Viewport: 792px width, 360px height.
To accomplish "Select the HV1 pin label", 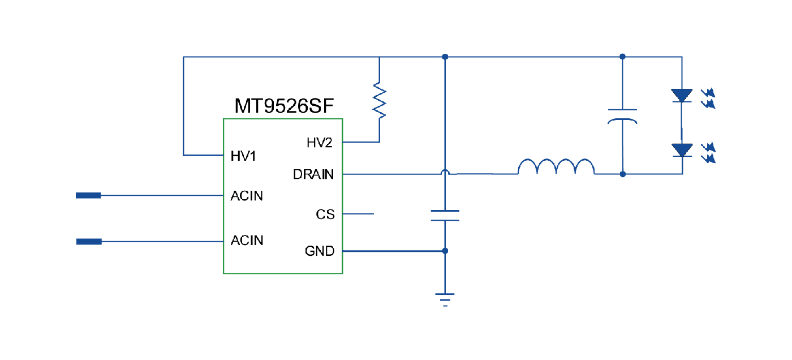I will (x=243, y=156).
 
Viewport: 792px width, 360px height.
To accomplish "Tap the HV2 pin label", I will (x=320, y=143).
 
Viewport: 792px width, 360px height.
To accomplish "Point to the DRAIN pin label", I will (x=313, y=174).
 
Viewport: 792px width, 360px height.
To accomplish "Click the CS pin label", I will (x=325, y=215).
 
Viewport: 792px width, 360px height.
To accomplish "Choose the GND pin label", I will (x=320, y=251).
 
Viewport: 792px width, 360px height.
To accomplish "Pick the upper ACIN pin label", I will (x=247, y=196).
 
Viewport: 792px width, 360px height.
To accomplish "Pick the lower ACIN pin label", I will (x=247, y=241).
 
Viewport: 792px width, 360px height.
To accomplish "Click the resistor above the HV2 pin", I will (x=379, y=100).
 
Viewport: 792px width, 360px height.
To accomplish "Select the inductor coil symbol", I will (x=556, y=167).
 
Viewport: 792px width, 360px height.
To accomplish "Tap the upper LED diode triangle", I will (x=682, y=95).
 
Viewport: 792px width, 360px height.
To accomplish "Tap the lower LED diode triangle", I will (x=682, y=150).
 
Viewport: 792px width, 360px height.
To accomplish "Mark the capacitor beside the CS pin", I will (x=445, y=215).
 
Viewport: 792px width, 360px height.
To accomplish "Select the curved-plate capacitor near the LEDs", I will (x=622, y=115).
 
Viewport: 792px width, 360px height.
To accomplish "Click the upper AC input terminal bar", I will (x=89, y=196).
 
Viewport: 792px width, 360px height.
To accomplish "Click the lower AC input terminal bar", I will (x=89, y=242).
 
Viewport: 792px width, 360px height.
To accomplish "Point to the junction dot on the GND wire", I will (x=445, y=251).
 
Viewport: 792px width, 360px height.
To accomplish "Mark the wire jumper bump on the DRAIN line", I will (x=445, y=172).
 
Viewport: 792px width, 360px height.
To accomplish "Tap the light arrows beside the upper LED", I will (x=708, y=98).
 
